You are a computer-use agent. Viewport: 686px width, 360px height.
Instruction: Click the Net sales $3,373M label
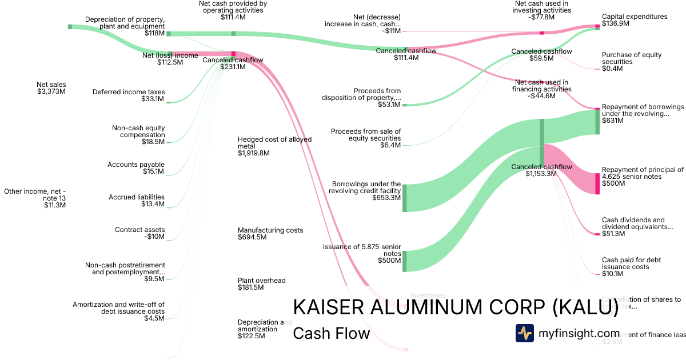51,87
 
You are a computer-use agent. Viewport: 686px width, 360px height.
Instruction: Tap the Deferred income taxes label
129,95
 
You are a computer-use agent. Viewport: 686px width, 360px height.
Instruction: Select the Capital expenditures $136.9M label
635,20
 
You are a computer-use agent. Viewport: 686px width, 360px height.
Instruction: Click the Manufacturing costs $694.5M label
270,234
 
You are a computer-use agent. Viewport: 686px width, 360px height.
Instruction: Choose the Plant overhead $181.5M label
262,284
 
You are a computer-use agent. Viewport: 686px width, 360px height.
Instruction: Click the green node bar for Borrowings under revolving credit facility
404,198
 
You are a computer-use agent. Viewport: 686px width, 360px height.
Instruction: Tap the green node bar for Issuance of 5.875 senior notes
404,261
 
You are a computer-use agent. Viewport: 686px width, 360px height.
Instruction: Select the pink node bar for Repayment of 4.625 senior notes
597,183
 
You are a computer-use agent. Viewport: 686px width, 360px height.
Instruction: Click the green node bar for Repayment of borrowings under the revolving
597,122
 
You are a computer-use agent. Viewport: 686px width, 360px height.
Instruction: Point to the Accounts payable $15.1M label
136,168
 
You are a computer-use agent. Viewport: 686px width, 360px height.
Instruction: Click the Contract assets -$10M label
140,233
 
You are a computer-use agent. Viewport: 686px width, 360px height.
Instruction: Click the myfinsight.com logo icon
524,333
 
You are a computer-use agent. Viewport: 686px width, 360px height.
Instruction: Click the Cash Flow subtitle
331,333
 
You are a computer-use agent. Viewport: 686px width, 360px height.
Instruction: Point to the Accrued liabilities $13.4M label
137,201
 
